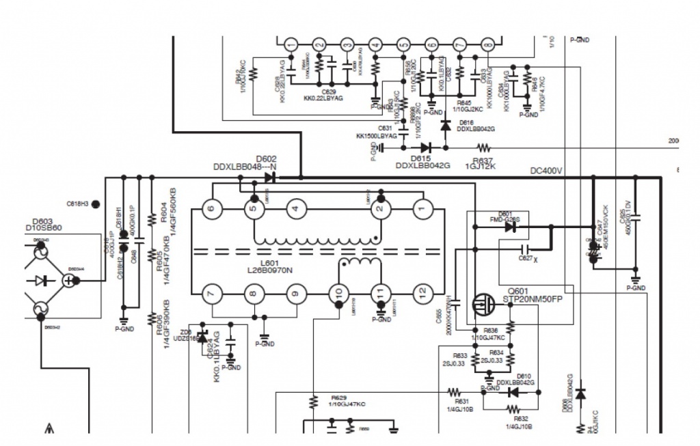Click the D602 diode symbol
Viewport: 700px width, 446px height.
click(x=270, y=177)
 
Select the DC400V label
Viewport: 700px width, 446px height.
click(x=546, y=171)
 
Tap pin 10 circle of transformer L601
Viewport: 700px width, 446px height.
click(x=338, y=293)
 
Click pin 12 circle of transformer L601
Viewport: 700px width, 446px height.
click(x=422, y=293)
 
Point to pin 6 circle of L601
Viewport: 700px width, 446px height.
click(x=212, y=209)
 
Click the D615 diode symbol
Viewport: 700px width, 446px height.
click(x=427, y=147)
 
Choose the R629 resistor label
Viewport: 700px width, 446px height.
click(x=339, y=398)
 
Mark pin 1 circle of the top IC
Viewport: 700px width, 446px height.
click(x=290, y=44)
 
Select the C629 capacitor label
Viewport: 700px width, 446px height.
click(x=329, y=91)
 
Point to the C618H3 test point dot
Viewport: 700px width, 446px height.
click(x=95, y=204)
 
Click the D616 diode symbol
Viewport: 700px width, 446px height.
click(x=446, y=125)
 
